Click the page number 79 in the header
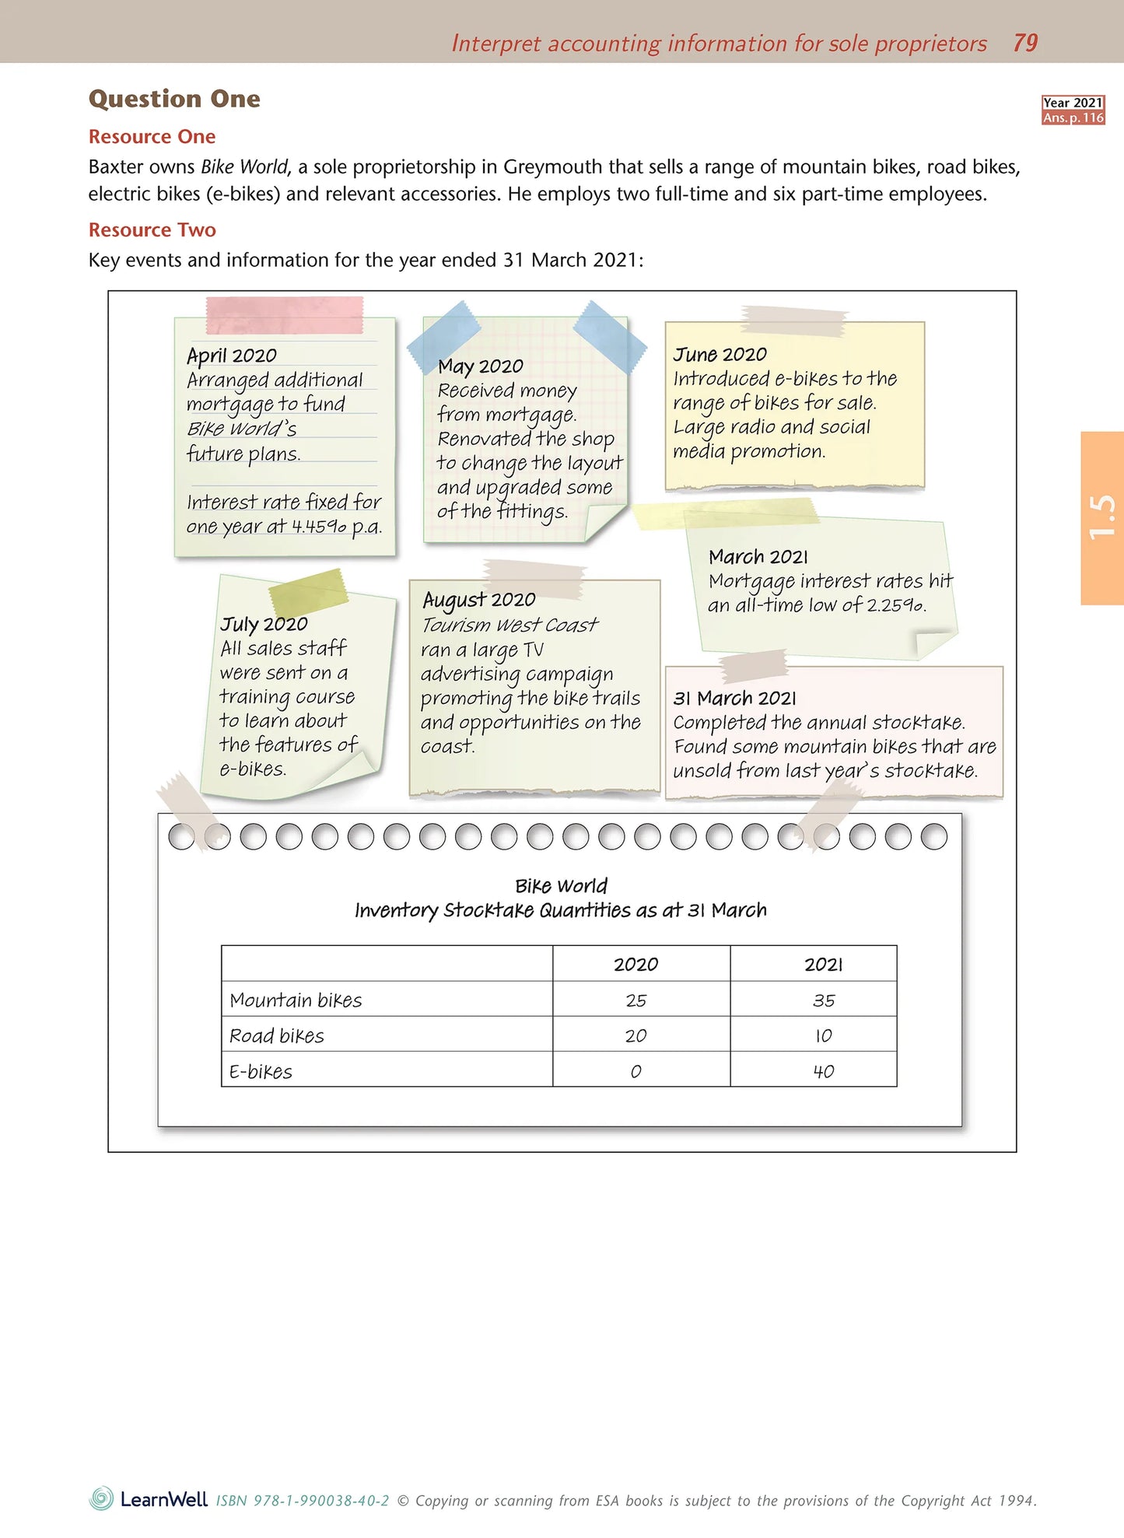click(x=1025, y=43)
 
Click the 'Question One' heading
click(x=174, y=99)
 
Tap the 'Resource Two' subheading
click(x=152, y=229)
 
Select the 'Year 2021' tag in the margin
click(x=1073, y=103)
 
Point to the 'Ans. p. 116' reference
click(x=1073, y=117)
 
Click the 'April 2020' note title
click(x=232, y=356)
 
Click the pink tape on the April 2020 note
click(x=284, y=314)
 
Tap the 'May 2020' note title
click(x=480, y=366)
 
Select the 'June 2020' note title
click(x=720, y=355)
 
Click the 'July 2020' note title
click(x=264, y=624)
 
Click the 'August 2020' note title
click(x=478, y=600)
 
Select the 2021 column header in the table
click(x=823, y=965)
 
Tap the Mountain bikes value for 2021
click(x=823, y=1000)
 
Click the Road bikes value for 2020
click(x=636, y=1036)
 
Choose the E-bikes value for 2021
click(x=823, y=1072)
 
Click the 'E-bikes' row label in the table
click(x=261, y=1072)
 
